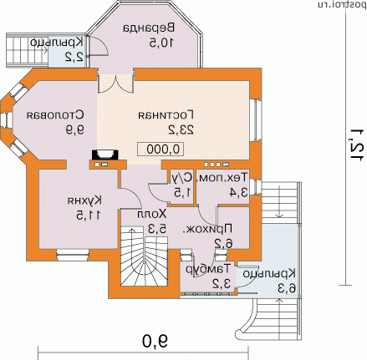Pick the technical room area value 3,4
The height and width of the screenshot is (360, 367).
(x=237, y=193)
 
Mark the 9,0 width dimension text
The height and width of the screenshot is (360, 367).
(x=151, y=341)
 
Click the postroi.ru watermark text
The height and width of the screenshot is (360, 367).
(x=337, y=5)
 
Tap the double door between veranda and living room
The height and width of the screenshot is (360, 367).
(x=115, y=83)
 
